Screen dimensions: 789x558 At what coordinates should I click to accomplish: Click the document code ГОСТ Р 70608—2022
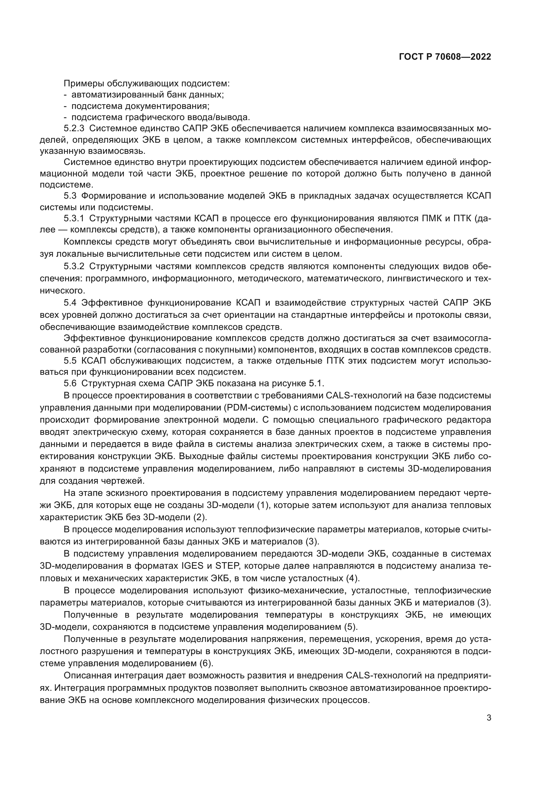(445, 57)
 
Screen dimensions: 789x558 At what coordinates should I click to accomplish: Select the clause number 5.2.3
(74, 129)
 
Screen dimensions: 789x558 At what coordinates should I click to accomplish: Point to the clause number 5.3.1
(74, 218)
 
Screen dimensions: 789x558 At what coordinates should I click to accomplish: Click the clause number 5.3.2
(74, 266)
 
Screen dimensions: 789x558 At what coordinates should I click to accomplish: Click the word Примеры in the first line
(84, 84)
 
